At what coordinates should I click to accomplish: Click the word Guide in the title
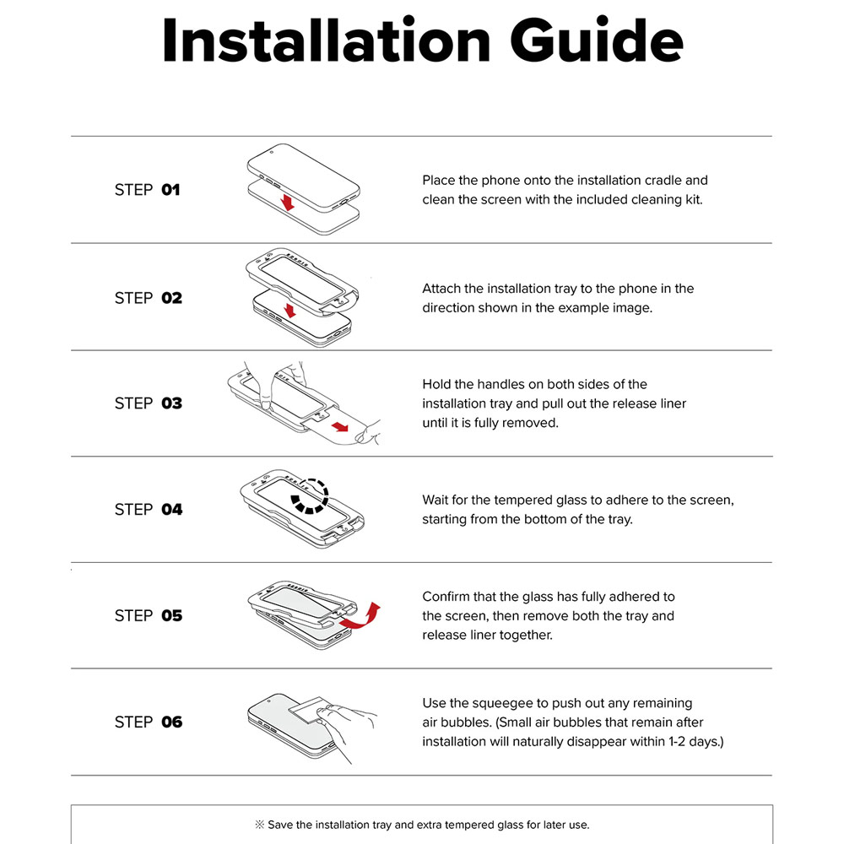pos(597,41)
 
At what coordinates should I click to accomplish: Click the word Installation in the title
pos(326,41)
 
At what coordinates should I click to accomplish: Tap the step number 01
pos(170,190)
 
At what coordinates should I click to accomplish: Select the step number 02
pos(171,298)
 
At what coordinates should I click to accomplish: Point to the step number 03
pos(171,403)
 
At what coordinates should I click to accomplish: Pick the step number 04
pos(171,509)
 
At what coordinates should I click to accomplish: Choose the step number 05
pos(171,616)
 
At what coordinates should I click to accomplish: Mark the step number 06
pos(171,722)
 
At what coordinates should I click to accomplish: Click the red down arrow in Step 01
pos(288,203)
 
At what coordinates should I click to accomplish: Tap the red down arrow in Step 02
pos(290,311)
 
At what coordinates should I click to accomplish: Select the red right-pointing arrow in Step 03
pos(340,427)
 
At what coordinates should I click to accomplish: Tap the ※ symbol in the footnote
pos(259,825)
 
